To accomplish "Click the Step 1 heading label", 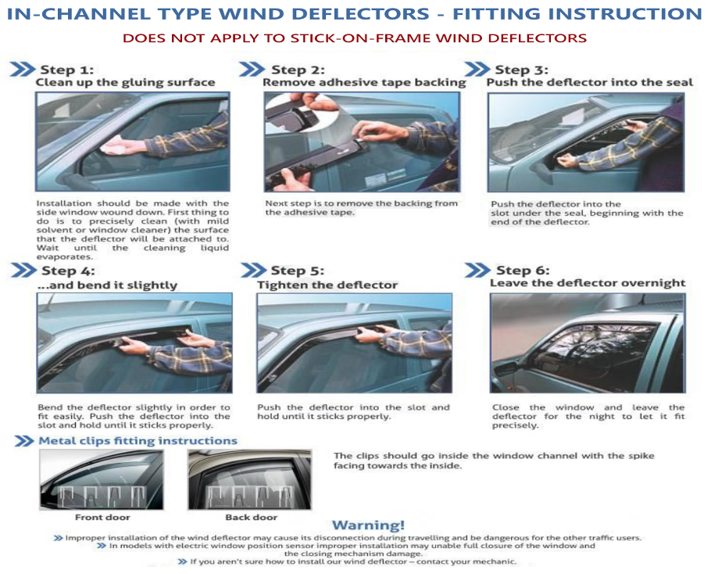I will tap(67, 70).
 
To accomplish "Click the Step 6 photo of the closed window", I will tap(587, 343).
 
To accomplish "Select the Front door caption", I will tap(102, 517).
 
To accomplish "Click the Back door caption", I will tap(251, 517).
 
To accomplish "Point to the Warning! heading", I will tap(368, 525).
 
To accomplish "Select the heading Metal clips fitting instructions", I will tap(138, 441).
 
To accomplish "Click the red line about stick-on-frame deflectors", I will tap(355, 38).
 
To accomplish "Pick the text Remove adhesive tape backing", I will tap(364, 82).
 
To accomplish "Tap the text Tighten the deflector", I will tap(327, 285).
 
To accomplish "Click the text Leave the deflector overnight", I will tap(587, 283).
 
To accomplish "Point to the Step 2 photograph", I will tap(361, 142).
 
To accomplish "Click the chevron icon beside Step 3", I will tap(477, 69).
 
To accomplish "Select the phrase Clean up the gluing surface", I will tap(125, 82).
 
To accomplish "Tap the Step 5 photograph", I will tap(354, 343).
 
